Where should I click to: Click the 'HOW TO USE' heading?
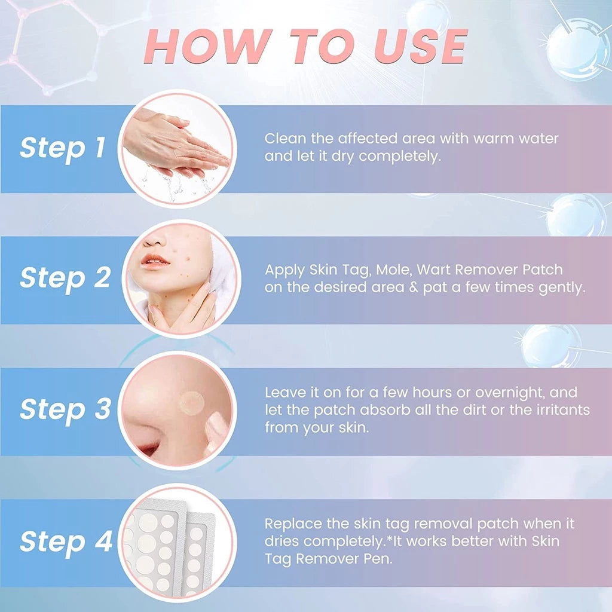305,46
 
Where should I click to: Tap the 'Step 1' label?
62,148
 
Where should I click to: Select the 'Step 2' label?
65,279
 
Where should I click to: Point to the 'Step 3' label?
65,410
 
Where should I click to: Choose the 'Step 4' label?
66,541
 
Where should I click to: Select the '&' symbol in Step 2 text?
412,288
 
